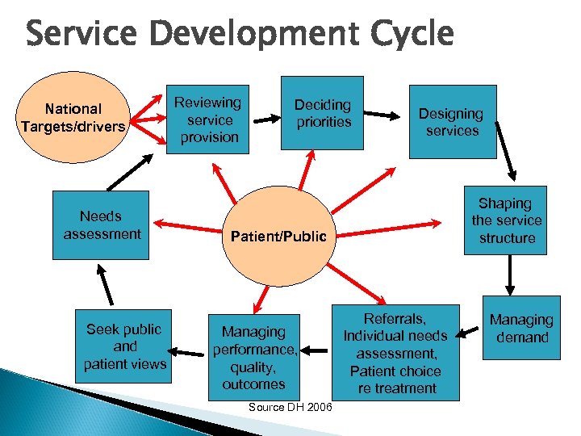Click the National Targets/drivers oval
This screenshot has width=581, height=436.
pyautogui.click(x=73, y=116)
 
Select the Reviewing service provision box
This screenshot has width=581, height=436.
pyautogui.click(x=208, y=119)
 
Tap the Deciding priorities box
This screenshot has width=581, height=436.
pyautogui.click(x=322, y=113)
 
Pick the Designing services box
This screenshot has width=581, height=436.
pyautogui.click(x=452, y=122)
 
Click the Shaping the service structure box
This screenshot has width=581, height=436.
pyautogui.click(x=506, y=220)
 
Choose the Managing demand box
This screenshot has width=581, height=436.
pyautogui.click(x=522, y=329)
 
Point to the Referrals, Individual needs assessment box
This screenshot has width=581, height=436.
pyautogui.click(x=395, y=353)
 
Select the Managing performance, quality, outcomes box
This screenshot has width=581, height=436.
pyautogui.click(x=254, y=357)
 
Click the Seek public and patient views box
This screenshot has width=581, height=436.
pyautogui.click(x=125, y=346)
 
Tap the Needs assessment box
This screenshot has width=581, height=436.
pyautogui.click(x=101, y=224)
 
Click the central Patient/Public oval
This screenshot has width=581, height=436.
pyautogui.click(x=278, y=237)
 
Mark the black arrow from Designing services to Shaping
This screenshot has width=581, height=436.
pyautogui.click(x=506, y=157)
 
